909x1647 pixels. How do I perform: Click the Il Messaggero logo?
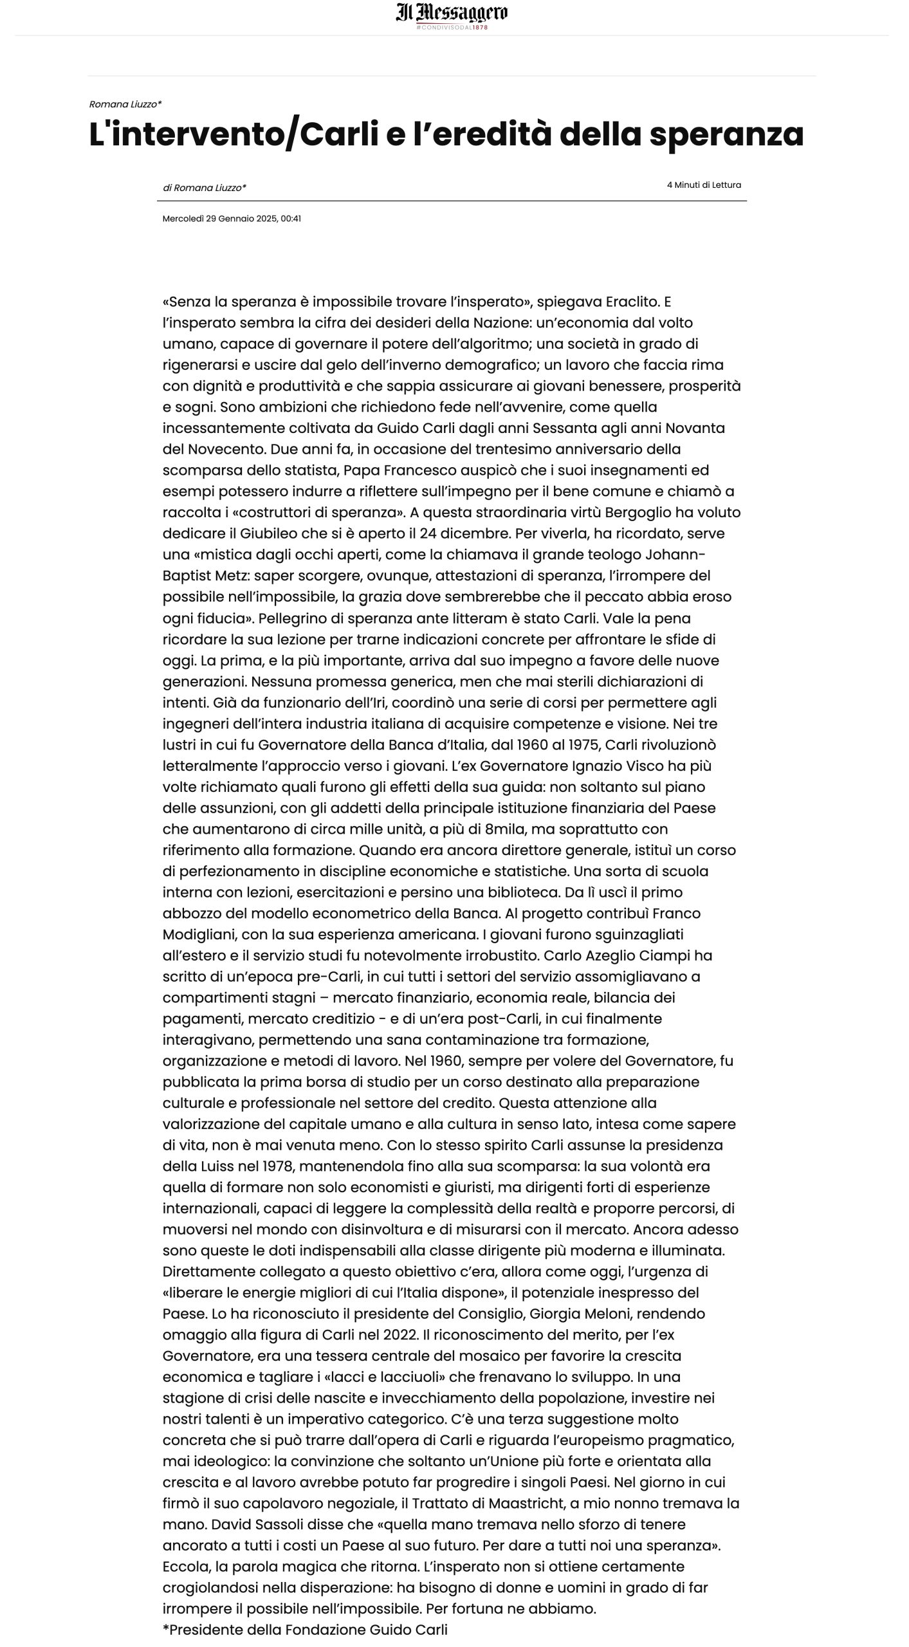click(x=452, y=12)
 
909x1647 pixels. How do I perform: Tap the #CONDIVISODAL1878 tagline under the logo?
click(x=452, y=28)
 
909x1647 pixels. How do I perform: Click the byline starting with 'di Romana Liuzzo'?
click(x=205, y=188)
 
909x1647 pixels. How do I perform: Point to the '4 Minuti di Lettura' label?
click(x=704, y=185)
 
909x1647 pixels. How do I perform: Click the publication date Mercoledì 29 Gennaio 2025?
click(x=219, y=219)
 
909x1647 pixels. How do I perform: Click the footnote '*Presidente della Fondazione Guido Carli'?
click(x=305, y=1630)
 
